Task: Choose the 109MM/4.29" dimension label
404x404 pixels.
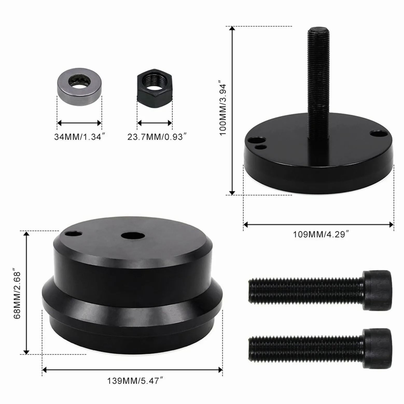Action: [x=323, y=234]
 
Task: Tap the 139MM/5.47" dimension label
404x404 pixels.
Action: [x=135, y=381]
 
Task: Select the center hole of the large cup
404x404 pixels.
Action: [x=133, y=235]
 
